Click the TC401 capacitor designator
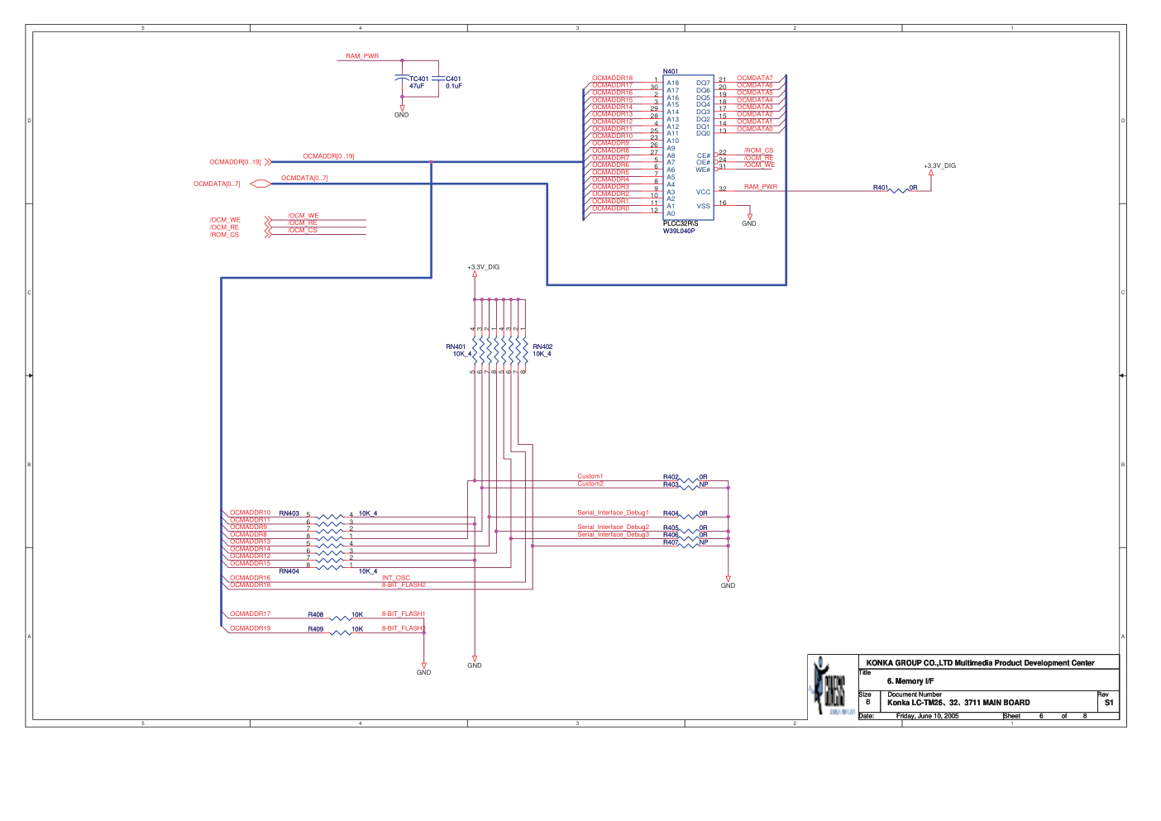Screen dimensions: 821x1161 (x=419, y=79)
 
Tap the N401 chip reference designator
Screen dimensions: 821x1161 (x=670, y=71)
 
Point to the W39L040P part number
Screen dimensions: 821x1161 (x=679, y=231)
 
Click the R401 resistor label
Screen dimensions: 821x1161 (x=880, y=188)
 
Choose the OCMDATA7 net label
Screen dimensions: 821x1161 (x=754, y=79)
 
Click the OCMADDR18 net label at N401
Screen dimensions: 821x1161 (x=612, y=79)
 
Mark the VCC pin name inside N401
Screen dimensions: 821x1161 (x=703, y=192)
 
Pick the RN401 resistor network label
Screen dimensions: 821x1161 (x=456, y=347)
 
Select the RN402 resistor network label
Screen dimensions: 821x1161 (x=542, y=347)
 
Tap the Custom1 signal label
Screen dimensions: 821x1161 (x=590, y=476)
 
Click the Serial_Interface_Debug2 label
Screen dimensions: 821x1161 (x=613, y=527)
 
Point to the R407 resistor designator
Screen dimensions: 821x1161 (x=671, y=542)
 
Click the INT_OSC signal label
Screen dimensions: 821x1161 (x=395, y=578)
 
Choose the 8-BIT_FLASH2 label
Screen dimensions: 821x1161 (x=404, y=585)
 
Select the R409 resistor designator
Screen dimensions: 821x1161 (x=316, y=629)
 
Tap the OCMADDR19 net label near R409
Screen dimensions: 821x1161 (x=250, y=628)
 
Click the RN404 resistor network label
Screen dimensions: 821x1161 (x=289, y=571)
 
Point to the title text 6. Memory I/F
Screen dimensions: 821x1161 (x=910, y=681)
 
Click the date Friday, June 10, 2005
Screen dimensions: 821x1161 (x=927, y=716)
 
